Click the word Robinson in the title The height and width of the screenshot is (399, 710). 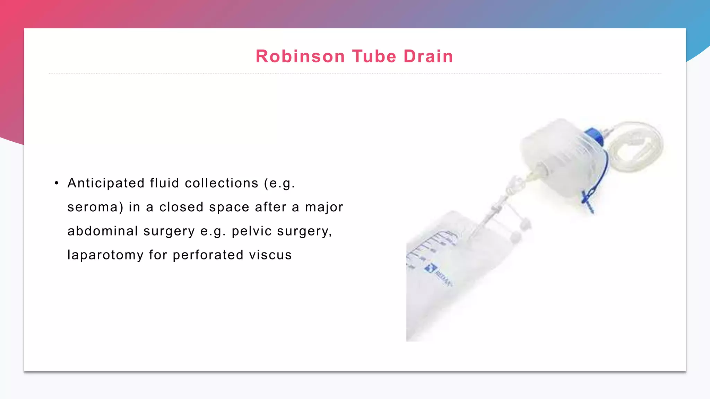tap(300, 56)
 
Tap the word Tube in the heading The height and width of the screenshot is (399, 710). tap(374, 56)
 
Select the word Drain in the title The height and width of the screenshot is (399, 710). tap(428, 56)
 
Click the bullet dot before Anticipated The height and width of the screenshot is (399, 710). tap(57, 183)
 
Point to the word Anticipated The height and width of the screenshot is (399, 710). tap(106, 183)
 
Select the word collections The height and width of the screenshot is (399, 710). tap(222, 183)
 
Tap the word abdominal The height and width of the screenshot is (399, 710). tap(103, 231)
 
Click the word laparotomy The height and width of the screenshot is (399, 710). tap(105, 255)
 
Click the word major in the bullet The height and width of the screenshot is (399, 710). tap(324, 207)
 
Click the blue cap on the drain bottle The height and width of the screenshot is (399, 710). tap(594, 136)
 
